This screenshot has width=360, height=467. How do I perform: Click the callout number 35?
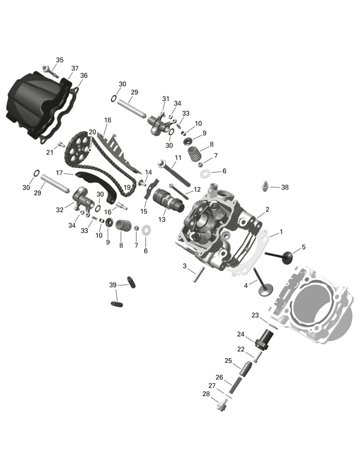pyautogui.click(x=60, y=60)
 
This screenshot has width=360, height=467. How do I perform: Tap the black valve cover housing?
pyautogui.click(x=37, y=103)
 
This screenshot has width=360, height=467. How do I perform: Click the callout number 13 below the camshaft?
pyautogui.click(x=162, y=219)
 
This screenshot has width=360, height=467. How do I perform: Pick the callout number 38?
pyautogui.click(x=285, y=187)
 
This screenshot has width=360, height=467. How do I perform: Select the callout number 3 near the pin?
pyautogui.click(x=184, y=266)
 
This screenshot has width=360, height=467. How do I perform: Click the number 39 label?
pyautogui.click(x=113, y=285)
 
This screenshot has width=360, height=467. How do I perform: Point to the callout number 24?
pyautogui.click(x=240, y=334)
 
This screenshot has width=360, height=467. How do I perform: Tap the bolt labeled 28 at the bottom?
pyautogui.click(x=221, y=406)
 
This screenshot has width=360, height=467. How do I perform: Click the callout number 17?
pyautogui.click(x=60, y=173)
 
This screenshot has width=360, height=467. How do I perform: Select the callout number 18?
pyautogui.click(x=107, y=120)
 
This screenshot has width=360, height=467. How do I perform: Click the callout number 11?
pyautogui.click(x=178, y=157)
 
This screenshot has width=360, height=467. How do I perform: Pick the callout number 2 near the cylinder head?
pyautogui.click(x=267, y=209)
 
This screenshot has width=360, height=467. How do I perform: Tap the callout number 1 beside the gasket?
pyautogui.click(x=281, y=232)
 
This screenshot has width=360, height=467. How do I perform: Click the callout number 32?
pyautogui.click(x=60, y=210)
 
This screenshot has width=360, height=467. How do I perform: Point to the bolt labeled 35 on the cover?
pyautogui.click(x=49, y=71)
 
